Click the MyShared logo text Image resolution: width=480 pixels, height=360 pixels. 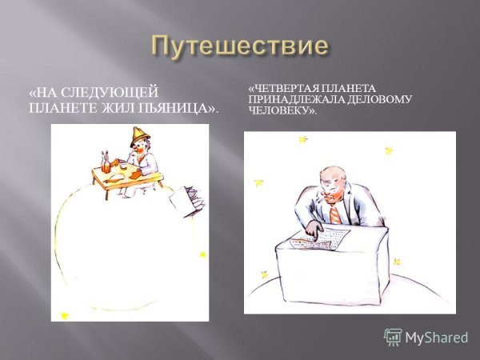(x=436, y=338)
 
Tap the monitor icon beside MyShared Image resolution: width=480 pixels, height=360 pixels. (x=393, y=337)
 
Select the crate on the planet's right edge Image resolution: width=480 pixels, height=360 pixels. (x=184, y=200)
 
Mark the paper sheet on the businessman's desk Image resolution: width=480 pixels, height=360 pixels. (x=319, y=239)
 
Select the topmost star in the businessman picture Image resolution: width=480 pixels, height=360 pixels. (x=303, y=140)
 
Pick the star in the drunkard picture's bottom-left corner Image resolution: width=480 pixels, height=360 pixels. (x=65, y=315)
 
